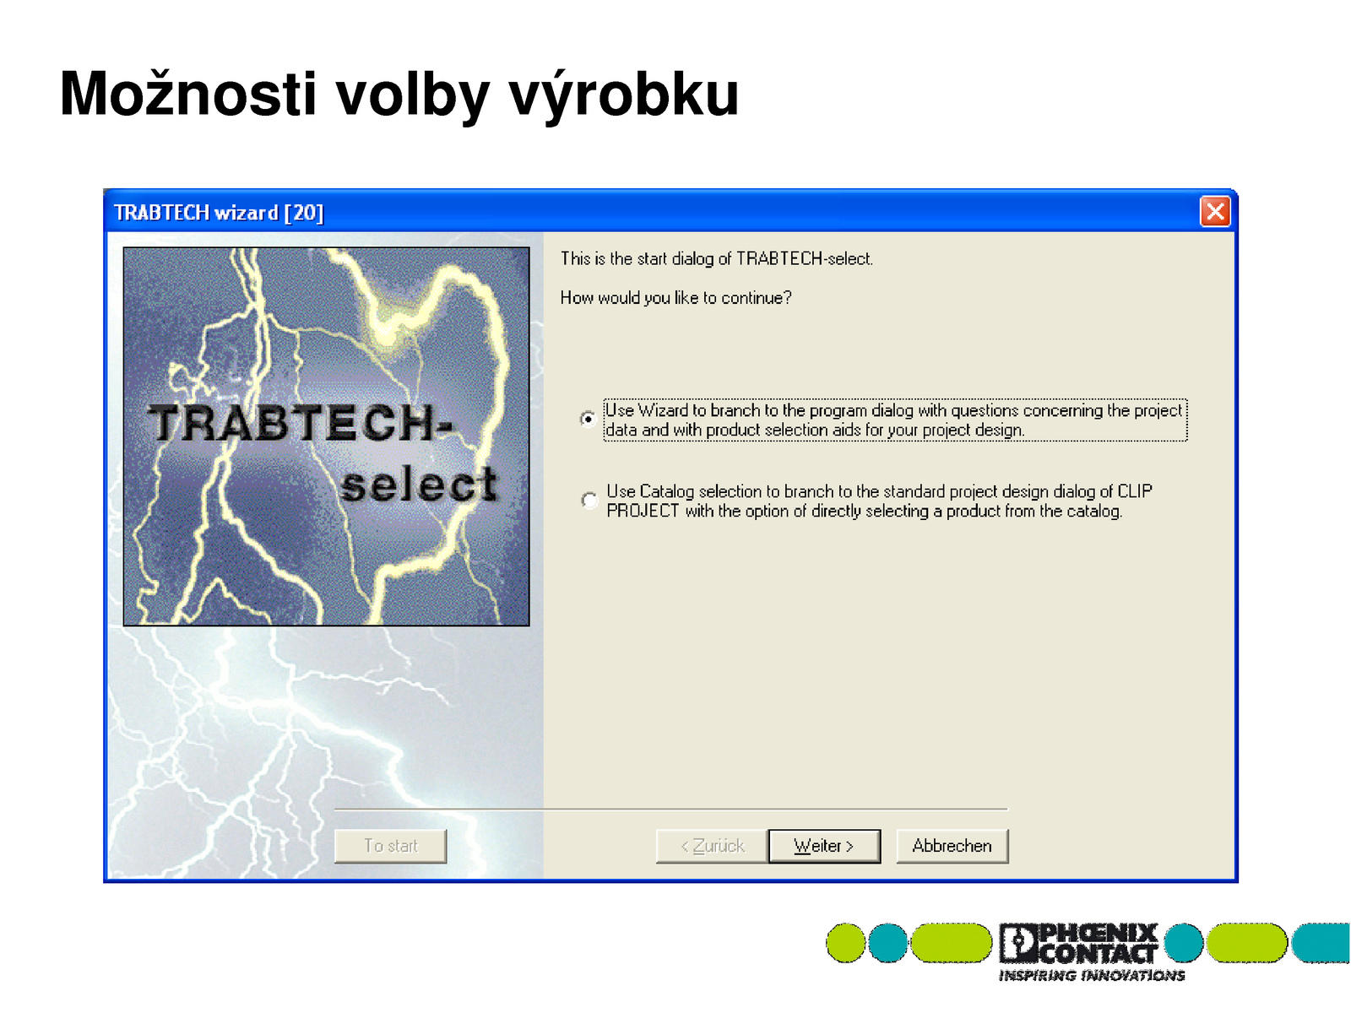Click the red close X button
pos(1214,212)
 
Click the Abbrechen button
pos(952,846)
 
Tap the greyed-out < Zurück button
pos(712,846)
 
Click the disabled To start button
pos(390,846)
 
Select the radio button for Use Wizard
pos(588,419)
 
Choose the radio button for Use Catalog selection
pos(589,500)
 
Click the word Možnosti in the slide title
pos(187,94)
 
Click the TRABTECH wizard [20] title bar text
pos(219,212)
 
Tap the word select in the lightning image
pos(419,484)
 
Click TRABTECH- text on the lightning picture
pos(300,423)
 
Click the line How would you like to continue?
pos(675,298)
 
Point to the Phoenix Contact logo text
pos(1078,942)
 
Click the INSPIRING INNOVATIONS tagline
pos(1091,976)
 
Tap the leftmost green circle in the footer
pos(846,942)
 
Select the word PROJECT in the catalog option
pos(643,511)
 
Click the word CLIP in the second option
pos(1134,490)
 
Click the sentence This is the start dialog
pos(716,258)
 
